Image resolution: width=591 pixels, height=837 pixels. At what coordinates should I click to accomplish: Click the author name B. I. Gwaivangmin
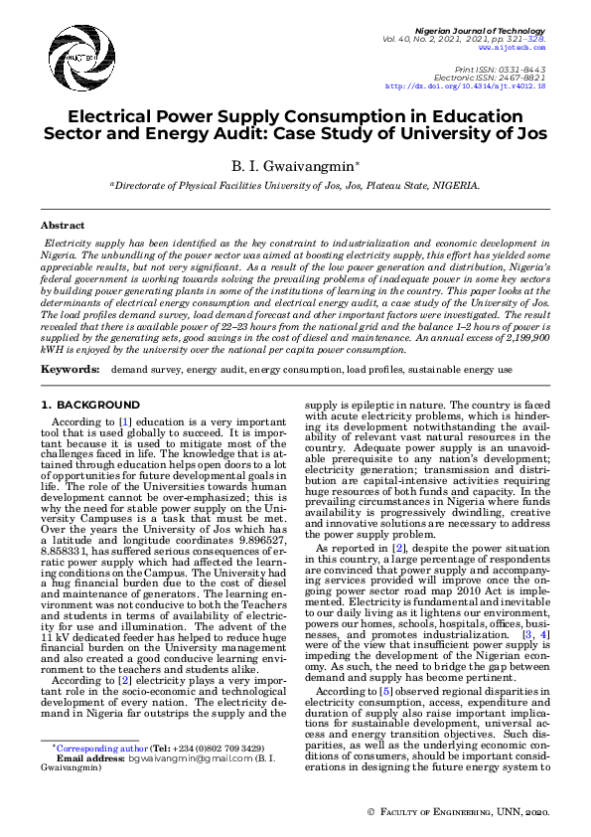pos(294,164)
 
